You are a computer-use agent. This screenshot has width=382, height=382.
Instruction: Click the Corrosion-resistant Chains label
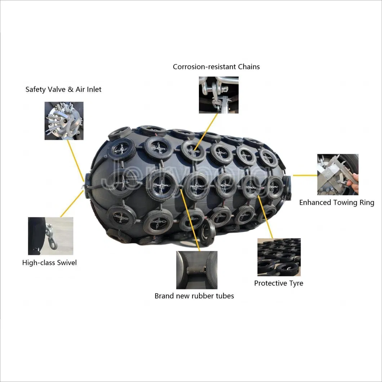pyautogui.click(x=216, y=67)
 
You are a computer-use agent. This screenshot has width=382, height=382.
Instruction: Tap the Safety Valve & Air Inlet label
pyautogui.click(x=63, y=89)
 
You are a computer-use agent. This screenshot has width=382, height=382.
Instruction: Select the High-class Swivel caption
pyautogui.click(x=49, y=263)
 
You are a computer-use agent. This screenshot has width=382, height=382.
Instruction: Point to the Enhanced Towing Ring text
pyautogui.click(x=337, y=203)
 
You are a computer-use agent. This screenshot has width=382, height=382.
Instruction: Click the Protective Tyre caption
pyautogui.click(x=279, y=283)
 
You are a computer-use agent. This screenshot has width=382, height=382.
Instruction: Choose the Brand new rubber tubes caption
pyautogui.click(x=194, y=296)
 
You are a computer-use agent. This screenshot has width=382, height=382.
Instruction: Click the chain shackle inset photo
pyautogui.click(x=218, y=95)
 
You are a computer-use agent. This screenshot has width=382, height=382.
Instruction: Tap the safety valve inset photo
pyautogui.click(x=64, y=121)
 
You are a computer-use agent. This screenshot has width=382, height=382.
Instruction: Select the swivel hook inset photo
pyautogui.click(x=50, y=236)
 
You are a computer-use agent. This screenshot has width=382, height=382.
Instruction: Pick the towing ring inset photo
pyautogui.click(x=338, y=174)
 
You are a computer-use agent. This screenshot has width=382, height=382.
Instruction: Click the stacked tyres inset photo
pyautogui.click(x=279, y=257)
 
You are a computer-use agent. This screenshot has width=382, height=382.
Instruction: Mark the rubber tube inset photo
pyautogui.click(x=196, y=270)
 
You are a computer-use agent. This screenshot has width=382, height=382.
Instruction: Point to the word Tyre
pyautogui.click(x=295, y=283)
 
